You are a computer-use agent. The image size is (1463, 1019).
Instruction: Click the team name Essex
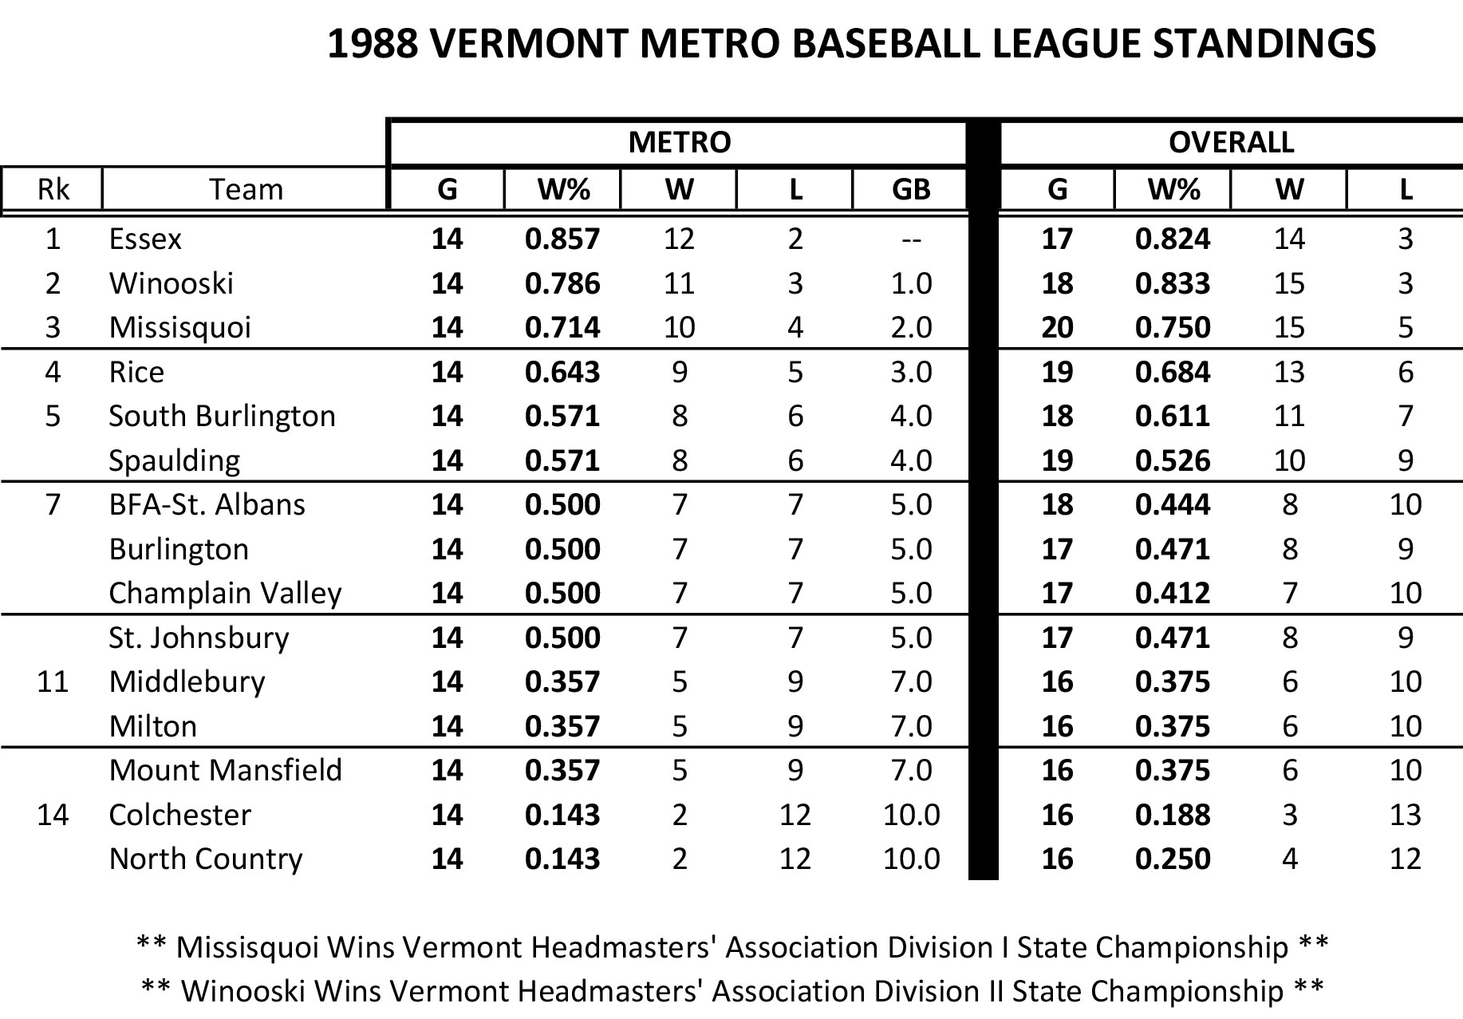pos(145,239)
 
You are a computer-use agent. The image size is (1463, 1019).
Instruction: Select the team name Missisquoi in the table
pos(179,328)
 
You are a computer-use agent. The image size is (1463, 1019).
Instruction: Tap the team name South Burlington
pos(222,417)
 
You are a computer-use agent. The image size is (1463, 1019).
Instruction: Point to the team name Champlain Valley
pos(225,594)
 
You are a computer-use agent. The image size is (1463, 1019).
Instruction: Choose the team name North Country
pos(206,859)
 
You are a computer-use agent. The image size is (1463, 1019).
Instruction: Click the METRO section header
pos(679,143)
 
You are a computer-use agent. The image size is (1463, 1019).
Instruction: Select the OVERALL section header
pos(1231,143)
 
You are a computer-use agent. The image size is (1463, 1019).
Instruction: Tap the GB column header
pos(911,190)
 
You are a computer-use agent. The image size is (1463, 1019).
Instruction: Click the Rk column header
pos(53,190)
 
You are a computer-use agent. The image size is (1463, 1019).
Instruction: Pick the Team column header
pos(246,190)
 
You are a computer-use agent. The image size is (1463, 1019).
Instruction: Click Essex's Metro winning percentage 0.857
pos(562,239)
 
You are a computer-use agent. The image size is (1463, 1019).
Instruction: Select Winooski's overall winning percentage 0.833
pos(1173,284)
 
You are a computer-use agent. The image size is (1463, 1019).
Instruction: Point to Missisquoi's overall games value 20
pos(1057,328)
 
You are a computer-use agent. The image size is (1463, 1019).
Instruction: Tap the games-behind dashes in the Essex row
pos(911,239)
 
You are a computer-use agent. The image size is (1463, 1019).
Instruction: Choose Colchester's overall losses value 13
pos(1405,815)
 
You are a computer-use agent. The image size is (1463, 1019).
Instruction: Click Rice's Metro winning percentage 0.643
pos(562,373)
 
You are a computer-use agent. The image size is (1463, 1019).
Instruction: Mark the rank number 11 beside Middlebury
pos(53,682)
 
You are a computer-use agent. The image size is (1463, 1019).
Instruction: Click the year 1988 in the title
pos(373,44)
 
